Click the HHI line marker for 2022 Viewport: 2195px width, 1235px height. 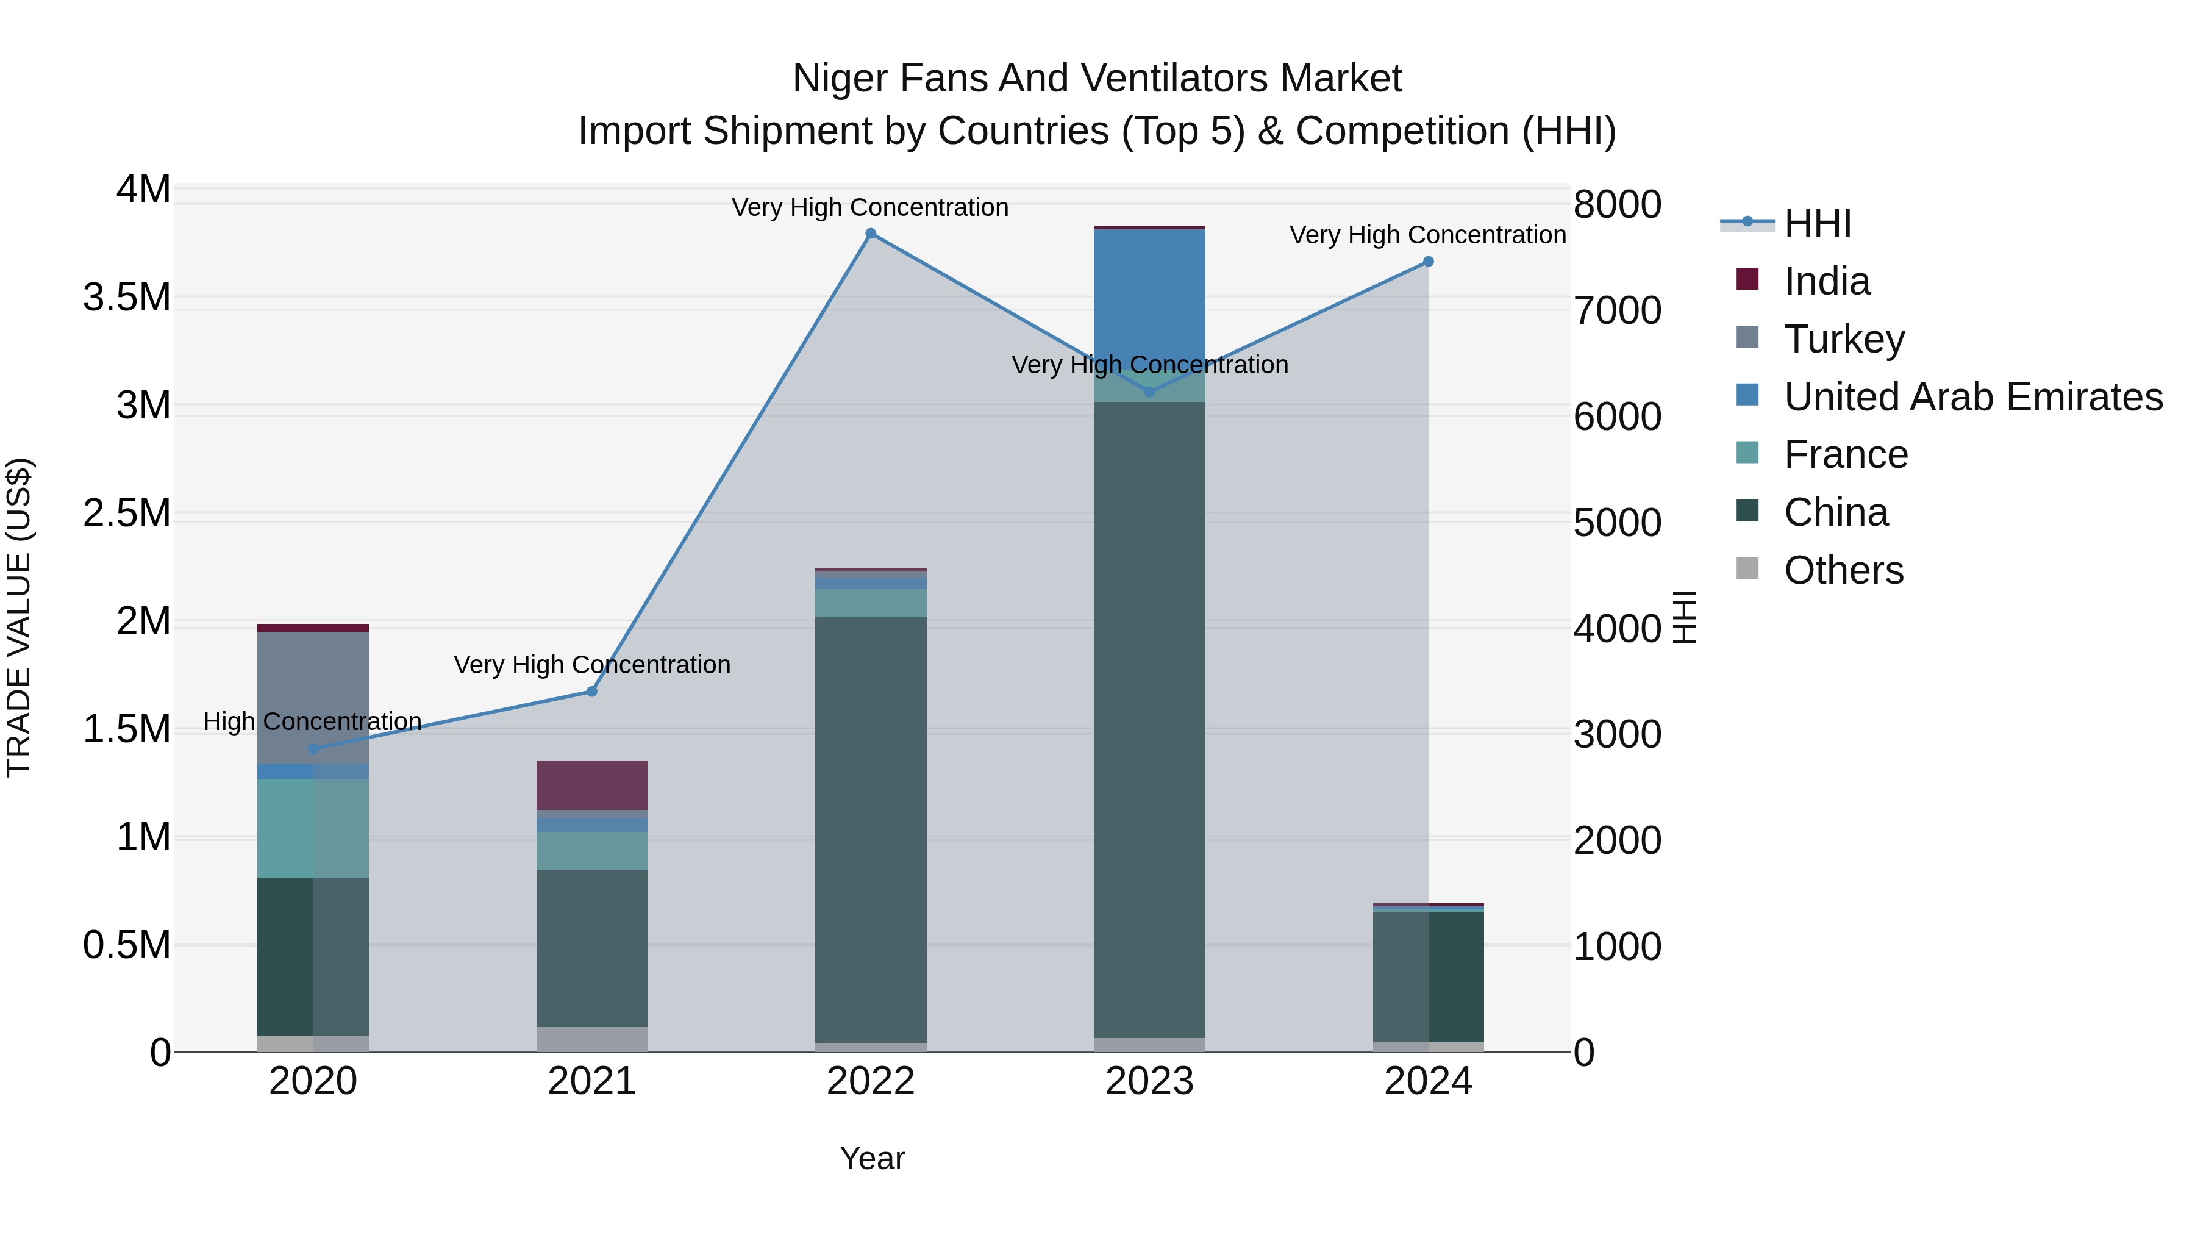(x=870, y=234)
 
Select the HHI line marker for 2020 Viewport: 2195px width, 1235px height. (x=313, y=749)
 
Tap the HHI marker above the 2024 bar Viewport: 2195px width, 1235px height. (x=1428, y=262)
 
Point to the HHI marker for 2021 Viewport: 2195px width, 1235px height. (x=591, y=691)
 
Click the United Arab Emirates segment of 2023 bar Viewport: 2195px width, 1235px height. (x=1149, y=290)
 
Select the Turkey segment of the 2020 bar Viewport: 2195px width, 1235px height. (x=313, y=697)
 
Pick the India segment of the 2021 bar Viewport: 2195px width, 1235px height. (x=591, y=784)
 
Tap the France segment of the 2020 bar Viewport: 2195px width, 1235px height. (x=313, y=828)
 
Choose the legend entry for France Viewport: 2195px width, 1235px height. (x=1845, y=454)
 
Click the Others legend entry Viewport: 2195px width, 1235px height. (x=1843, y=570)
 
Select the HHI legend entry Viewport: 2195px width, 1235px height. (x=1817, y=223)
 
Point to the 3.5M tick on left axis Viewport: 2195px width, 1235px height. (x=126, y=298)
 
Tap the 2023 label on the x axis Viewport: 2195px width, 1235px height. (x=1149, y=1081)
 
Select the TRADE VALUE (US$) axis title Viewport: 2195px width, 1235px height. (x=19, y=617)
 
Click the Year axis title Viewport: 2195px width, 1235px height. (x=872, y=1158)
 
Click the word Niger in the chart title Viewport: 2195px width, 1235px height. (x=840, y=79)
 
